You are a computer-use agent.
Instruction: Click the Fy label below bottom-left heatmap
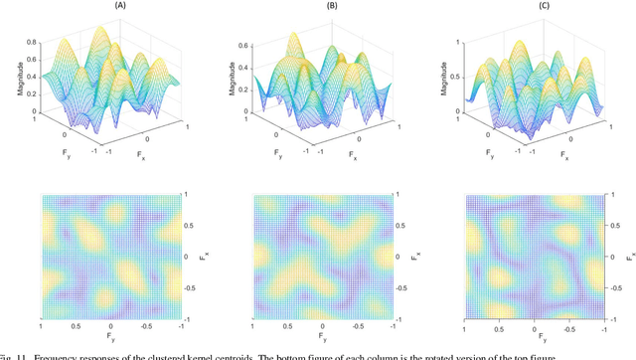[110, 338]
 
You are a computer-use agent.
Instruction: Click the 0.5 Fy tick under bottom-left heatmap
[76, 325]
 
